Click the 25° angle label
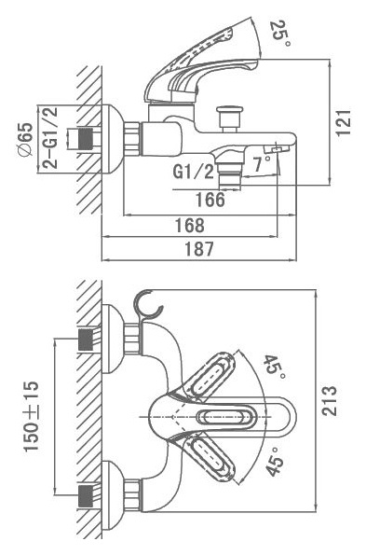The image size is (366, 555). pos(280,34)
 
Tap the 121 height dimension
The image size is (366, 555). pos(343,122)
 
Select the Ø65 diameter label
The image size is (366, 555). pos(25,139)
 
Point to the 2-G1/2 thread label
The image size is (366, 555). pos(49,138)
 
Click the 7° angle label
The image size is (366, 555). pos(262,163)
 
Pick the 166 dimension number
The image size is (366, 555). pos(210,200)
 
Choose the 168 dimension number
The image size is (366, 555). pos(190,225)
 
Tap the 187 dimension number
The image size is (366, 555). pos(199,248)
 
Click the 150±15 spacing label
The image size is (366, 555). pos(31,416)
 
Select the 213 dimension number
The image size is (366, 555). pos(330,400)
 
